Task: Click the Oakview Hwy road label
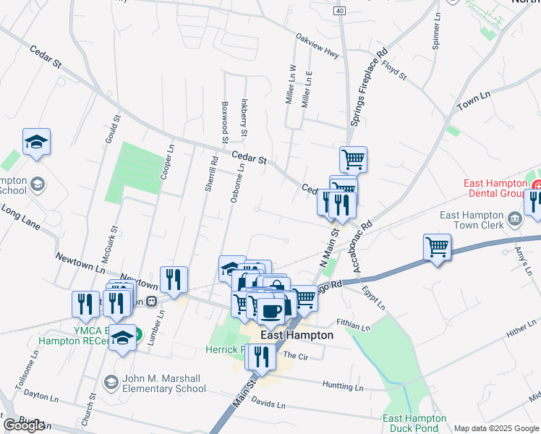(x=317, y=43)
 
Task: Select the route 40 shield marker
(x=339, y=11)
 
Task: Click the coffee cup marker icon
(x=271, y=309)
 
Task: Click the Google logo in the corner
(x=24, y=425)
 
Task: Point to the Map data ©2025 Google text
(x=496, y=428)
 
